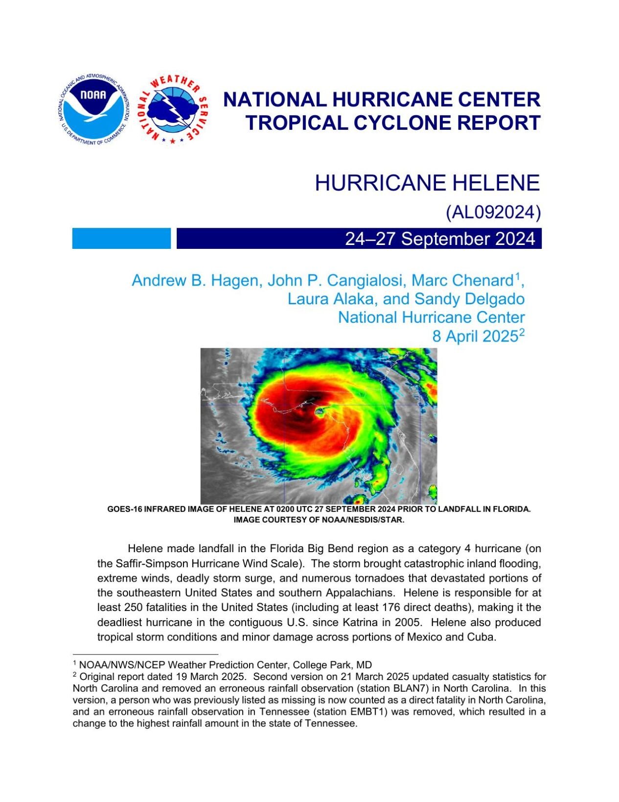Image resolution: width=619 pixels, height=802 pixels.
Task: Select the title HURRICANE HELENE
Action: pyautogui.click(x=427, y=183)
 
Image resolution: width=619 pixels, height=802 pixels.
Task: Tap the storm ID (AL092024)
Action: pyautogui.click(x=493, y=212)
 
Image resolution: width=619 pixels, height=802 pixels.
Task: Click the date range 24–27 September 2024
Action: pyautogui.click(x=440, y=239)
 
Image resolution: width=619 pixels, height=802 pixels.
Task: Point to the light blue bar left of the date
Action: pyautogui.click(x=121, y=239)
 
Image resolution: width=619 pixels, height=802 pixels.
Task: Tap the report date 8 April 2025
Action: pyautogui.click(x=474, y=337)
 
